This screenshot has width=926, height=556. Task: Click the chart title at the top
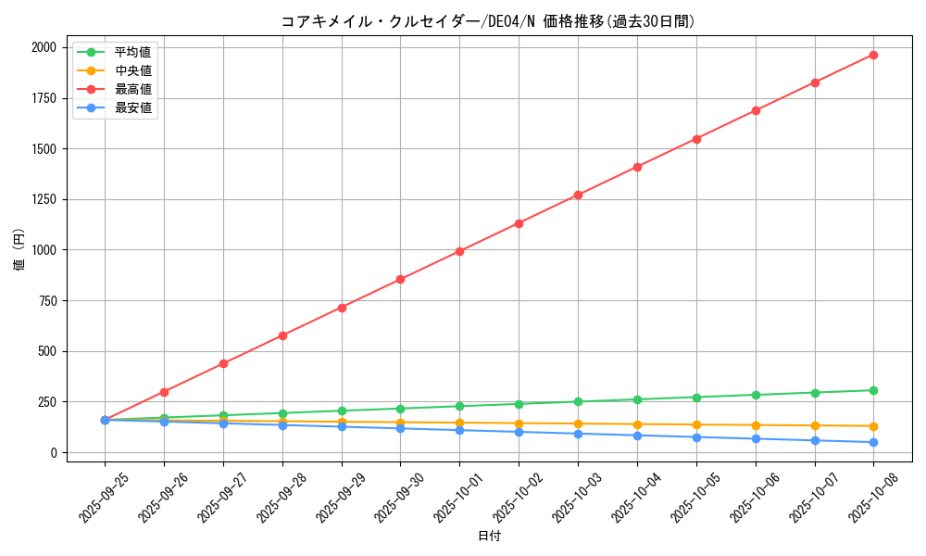coord(488,21)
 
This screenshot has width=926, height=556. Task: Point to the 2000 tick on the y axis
coord(43,47)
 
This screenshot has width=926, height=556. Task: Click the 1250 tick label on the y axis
coord(43,199)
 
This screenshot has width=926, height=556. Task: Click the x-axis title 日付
coord(489,537)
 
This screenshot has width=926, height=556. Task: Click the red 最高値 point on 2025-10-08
coord(873,55)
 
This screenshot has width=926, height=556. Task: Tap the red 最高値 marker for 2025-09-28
coord(282,335)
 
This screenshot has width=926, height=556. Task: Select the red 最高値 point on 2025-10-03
coord(578,195)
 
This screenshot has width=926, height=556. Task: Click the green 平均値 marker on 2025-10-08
coord(873,390)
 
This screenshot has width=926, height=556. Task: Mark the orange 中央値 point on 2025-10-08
coord(873,426)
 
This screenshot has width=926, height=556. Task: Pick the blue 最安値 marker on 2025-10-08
coord(873,442)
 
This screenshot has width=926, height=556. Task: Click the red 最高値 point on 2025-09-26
coord(164,392)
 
